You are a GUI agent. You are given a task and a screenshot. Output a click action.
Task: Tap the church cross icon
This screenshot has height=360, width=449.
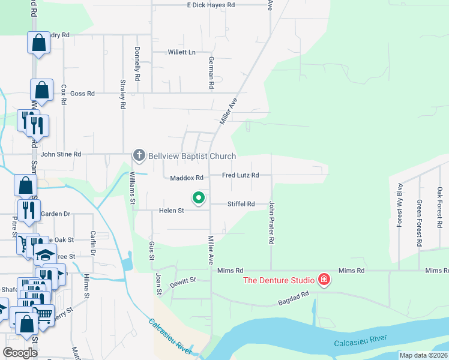pyautogui.click(x=139, y=156)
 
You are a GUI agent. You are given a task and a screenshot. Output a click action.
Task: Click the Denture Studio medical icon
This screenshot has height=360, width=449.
pyautogui.click(x=324, y=280)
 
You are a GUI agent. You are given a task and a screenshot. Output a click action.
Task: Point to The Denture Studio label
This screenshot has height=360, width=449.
pyautogui.click(x=279, y=280)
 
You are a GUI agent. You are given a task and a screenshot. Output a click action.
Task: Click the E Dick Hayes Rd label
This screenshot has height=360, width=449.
pyautogui.click(x=211, y=5)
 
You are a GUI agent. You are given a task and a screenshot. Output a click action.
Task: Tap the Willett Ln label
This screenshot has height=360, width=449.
pyautogui.click(x=182, y=52)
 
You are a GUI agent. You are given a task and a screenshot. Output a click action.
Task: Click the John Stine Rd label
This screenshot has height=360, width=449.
pyautogui.click(x=61, y=155)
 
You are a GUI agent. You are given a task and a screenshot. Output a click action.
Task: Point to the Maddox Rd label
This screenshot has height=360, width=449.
pyautogui.click(x=187, y=178)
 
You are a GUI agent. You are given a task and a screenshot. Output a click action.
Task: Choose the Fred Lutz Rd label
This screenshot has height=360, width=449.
pyautogui.click(x=240, y=175)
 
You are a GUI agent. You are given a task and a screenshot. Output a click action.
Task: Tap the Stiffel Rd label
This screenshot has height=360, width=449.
pyautogui.click(x=241, y=204)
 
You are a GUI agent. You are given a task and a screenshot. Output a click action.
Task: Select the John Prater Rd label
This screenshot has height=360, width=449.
pyautogui.click(x=271, y=222)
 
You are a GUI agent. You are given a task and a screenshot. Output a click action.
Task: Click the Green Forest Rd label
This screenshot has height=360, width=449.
pyautogui.click(x=420, y=223)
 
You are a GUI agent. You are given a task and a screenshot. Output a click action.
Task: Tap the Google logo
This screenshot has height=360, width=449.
pyautogui.click(x=20, y=353)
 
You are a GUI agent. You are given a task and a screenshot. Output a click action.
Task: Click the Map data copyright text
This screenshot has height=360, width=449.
pyautogui.click(x=424, y=355)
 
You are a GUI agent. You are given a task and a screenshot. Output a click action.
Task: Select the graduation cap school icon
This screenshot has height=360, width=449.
pyautogui.click(x=45, y=255)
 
